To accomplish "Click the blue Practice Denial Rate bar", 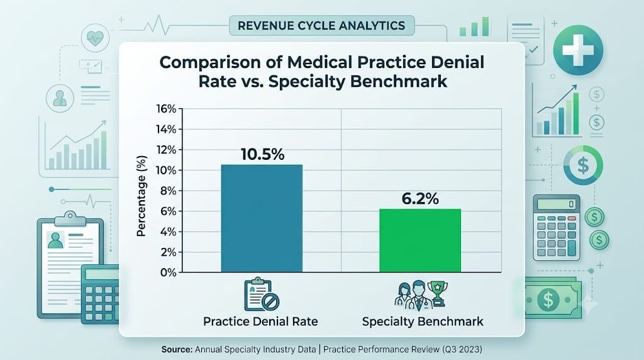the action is (x=262, y=218).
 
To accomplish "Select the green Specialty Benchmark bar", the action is (x=419, y=240).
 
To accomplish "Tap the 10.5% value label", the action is (x=262, y=155).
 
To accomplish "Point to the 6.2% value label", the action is (x=420, y=199).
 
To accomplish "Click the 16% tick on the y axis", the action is (x=166, y=109).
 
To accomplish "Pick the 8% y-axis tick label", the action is (x=168, y=191).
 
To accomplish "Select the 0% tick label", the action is (x=168, y=273).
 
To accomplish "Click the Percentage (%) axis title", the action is (x=142, y=196).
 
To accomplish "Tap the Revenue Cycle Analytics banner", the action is (x=321, y=25).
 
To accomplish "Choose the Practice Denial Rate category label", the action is (x=260, y=322).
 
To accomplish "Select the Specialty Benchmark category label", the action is (x=423, y=322).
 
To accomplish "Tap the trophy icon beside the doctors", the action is (x=438, y=293).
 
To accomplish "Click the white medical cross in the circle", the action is (x=578, y=50).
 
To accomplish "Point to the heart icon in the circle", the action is (x=96, y=38).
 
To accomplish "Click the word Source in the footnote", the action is (x=177, y=349).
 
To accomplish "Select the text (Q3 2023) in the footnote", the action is (x=462, y=349).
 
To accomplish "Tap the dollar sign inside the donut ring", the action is (x=583, y=165).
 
